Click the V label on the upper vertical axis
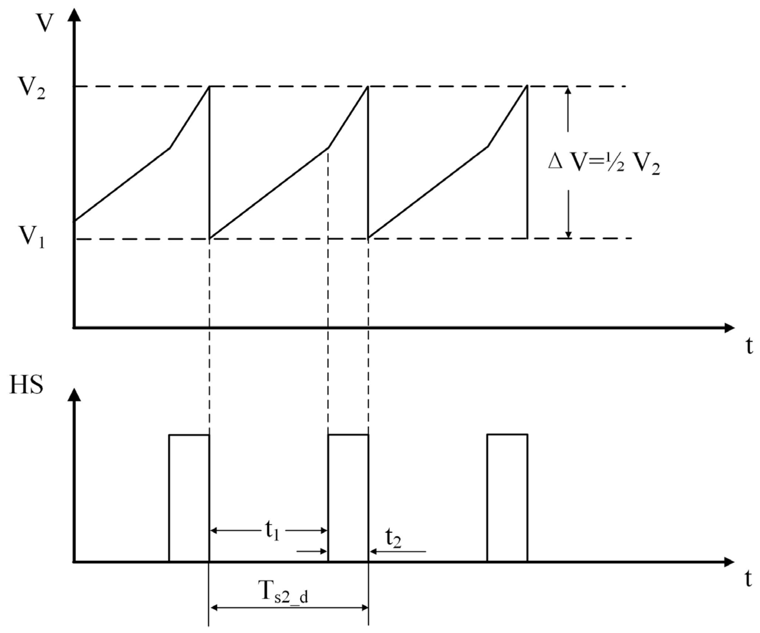pos(45,24)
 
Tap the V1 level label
pos(32,238)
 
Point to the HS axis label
pos(26,385)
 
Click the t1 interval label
pos(272,531)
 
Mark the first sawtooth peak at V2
pos(209,86)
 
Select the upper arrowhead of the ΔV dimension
pos(568,91)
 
